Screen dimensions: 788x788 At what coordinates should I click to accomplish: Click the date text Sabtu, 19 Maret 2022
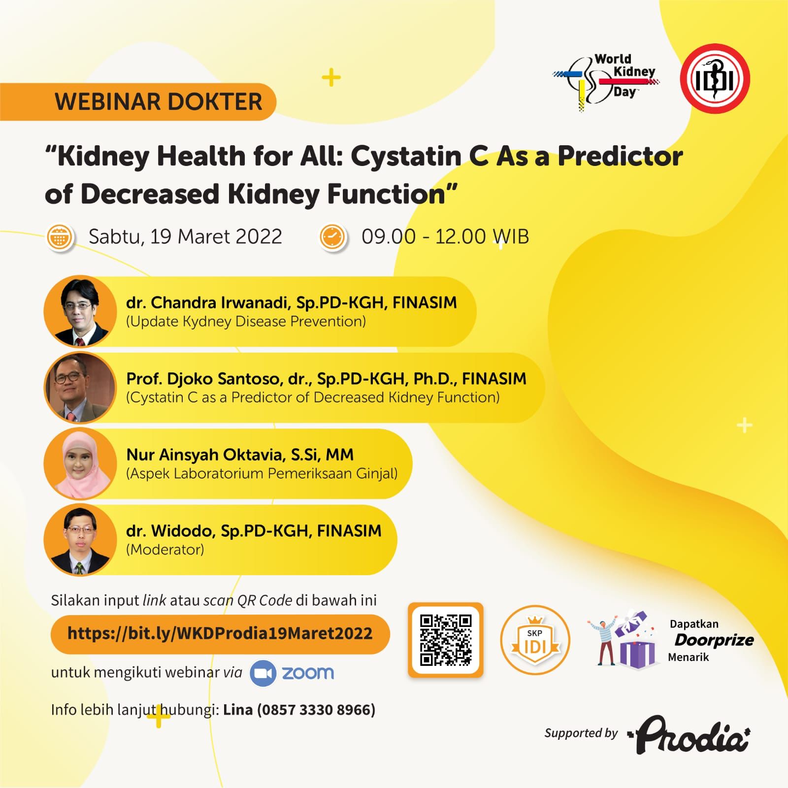[x=185, y=237]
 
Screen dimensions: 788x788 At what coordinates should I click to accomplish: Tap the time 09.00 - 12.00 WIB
[x=445, y=237]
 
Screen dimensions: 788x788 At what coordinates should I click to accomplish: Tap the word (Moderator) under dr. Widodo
[x=165, y=550]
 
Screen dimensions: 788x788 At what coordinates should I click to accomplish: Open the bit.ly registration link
[x=220, y=633]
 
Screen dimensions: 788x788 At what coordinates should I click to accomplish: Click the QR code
[x=446, y=640]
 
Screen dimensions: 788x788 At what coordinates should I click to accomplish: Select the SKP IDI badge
[x=535, y=640]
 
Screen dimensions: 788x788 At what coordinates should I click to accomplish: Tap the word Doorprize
[x=714, y=640]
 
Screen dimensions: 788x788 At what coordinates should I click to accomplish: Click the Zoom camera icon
[x=263, y=673]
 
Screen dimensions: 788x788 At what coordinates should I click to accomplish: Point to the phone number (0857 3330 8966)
[x=316, y=710]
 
